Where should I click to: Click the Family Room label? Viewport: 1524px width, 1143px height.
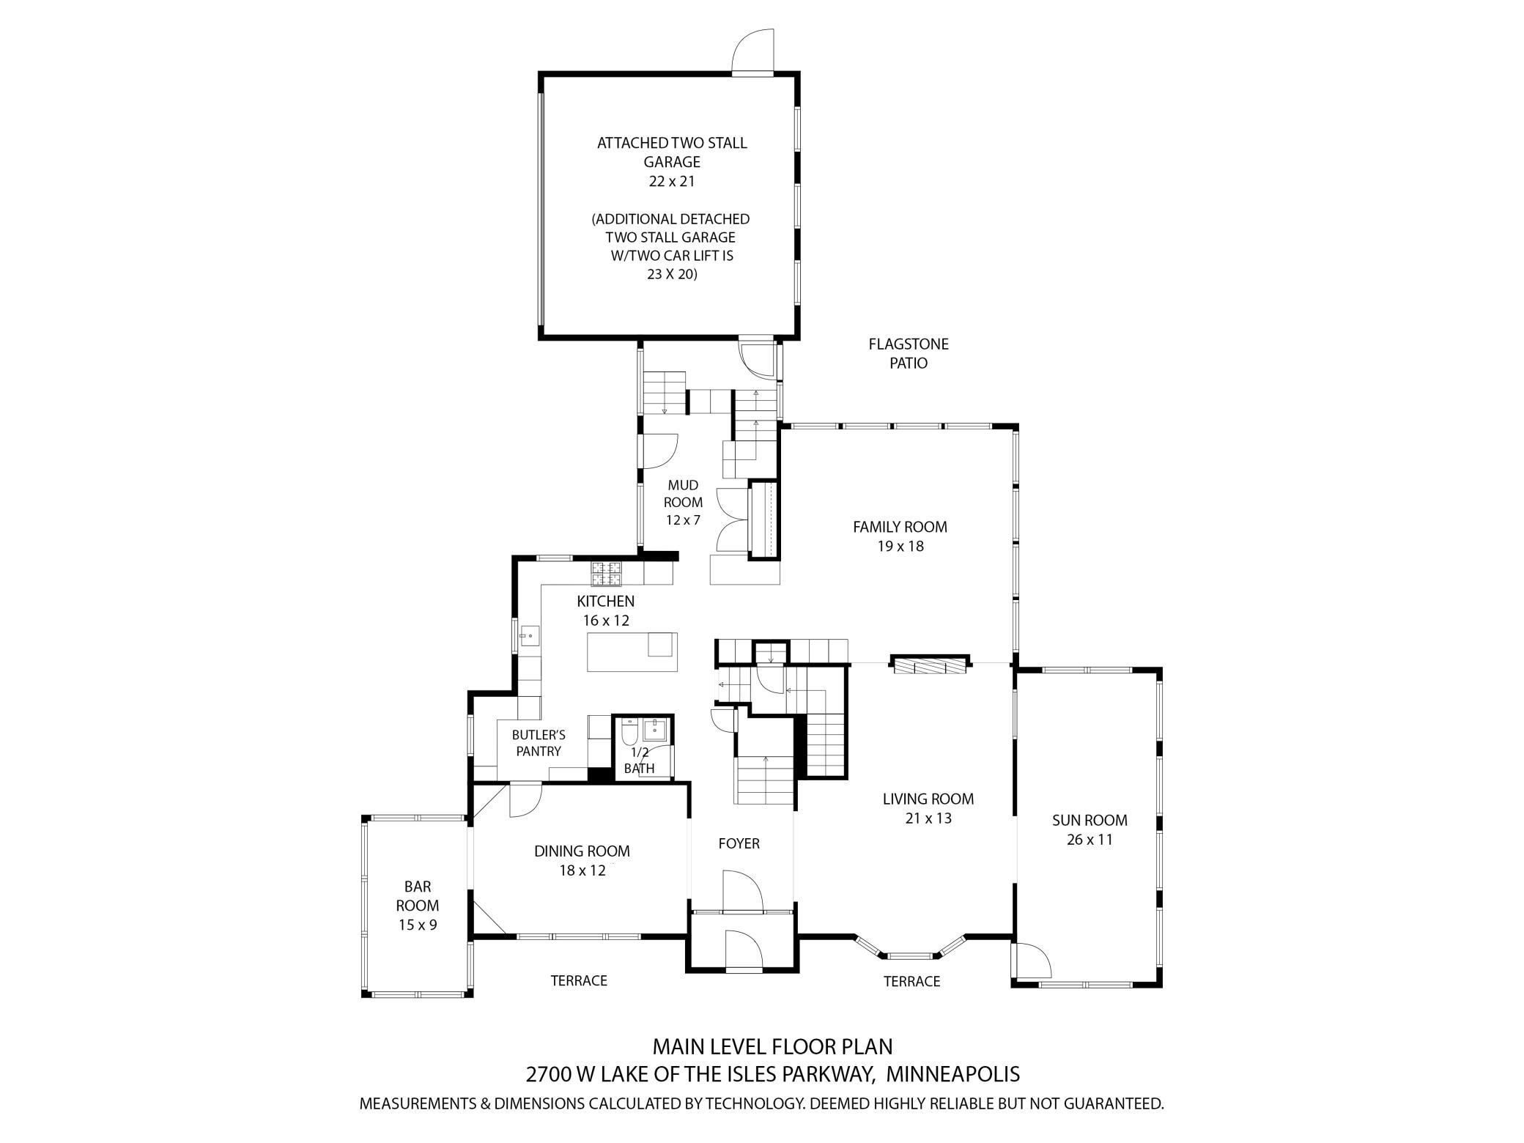coord(900,527)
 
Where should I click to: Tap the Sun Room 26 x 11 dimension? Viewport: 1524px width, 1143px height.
coord(1090,840)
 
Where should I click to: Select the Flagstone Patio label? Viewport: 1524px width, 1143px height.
coord(909,353)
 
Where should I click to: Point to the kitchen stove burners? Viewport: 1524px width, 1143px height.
coord(606,574)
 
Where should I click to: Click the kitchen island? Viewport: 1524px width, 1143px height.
coord(632,652)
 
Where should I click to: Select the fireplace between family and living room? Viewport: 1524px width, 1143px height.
coord(931,665)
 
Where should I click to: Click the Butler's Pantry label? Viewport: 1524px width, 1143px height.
coord(539,743)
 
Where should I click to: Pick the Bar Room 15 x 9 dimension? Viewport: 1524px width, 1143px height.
coord(418,925)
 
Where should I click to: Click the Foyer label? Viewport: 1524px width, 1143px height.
coord(739,843)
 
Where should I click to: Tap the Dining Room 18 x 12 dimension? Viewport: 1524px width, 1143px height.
coord(582,870)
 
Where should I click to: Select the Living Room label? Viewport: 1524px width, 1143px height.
coord(928,799)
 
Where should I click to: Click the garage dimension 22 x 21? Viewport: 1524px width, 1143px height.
coord(672,181)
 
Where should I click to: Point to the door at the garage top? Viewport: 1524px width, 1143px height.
coord(753,51)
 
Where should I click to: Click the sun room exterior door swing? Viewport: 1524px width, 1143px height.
coord(1032,961)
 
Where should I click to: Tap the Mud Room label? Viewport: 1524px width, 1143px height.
coord(683,493)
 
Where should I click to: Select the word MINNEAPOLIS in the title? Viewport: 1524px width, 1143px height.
coord(952,1074)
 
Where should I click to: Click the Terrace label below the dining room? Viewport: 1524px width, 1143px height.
coord(579,980)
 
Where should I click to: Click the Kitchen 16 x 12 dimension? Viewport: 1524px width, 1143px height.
coord(606,620)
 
